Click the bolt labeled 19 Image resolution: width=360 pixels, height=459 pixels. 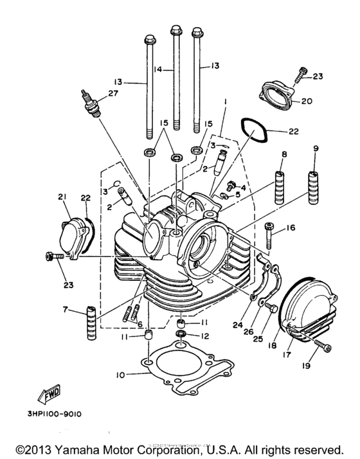[x=321, y=347]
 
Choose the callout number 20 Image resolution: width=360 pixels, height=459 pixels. [x=306, y=101]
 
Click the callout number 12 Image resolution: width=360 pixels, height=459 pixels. [x=206, y=336]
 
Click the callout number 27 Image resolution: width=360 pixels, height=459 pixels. [x=114, y=93]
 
